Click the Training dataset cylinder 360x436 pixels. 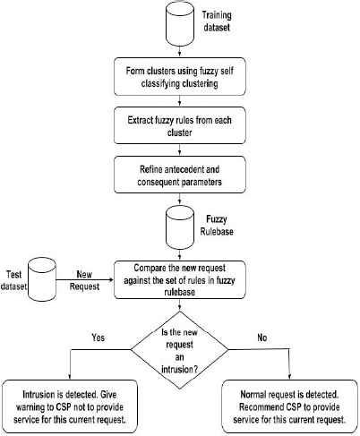point(180,23)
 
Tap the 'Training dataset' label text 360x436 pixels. point(217,21)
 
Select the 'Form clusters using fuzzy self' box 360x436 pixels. point(180,77)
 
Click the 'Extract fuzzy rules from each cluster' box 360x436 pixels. point(180,125)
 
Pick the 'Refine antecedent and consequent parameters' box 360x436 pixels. point(180,175)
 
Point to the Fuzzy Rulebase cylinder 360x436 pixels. point(180,227)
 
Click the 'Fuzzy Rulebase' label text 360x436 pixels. point(217,226)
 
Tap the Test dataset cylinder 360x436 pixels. point(42,279)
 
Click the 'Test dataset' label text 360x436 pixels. point(13,280)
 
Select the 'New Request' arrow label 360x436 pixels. point(84,280)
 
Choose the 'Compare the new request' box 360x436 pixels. point(180,279)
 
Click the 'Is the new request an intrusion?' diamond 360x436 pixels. point(179,350)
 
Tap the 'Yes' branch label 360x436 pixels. point(99,338)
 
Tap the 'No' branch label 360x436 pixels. point(261,338)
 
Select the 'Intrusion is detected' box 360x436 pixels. point(70,406)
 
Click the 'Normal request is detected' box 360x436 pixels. point(289,406)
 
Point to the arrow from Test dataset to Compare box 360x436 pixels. point(85,279)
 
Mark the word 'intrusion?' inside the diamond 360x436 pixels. point(179,369)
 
